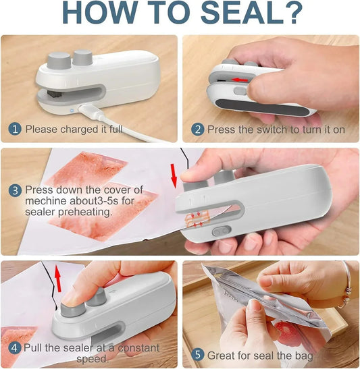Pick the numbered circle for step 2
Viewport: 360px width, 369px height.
tap(197, 129)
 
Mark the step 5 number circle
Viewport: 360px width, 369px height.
tap(197, 354)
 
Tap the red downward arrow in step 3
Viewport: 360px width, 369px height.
tap(175, 176)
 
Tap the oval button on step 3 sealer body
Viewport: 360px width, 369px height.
tap(218, 231)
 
